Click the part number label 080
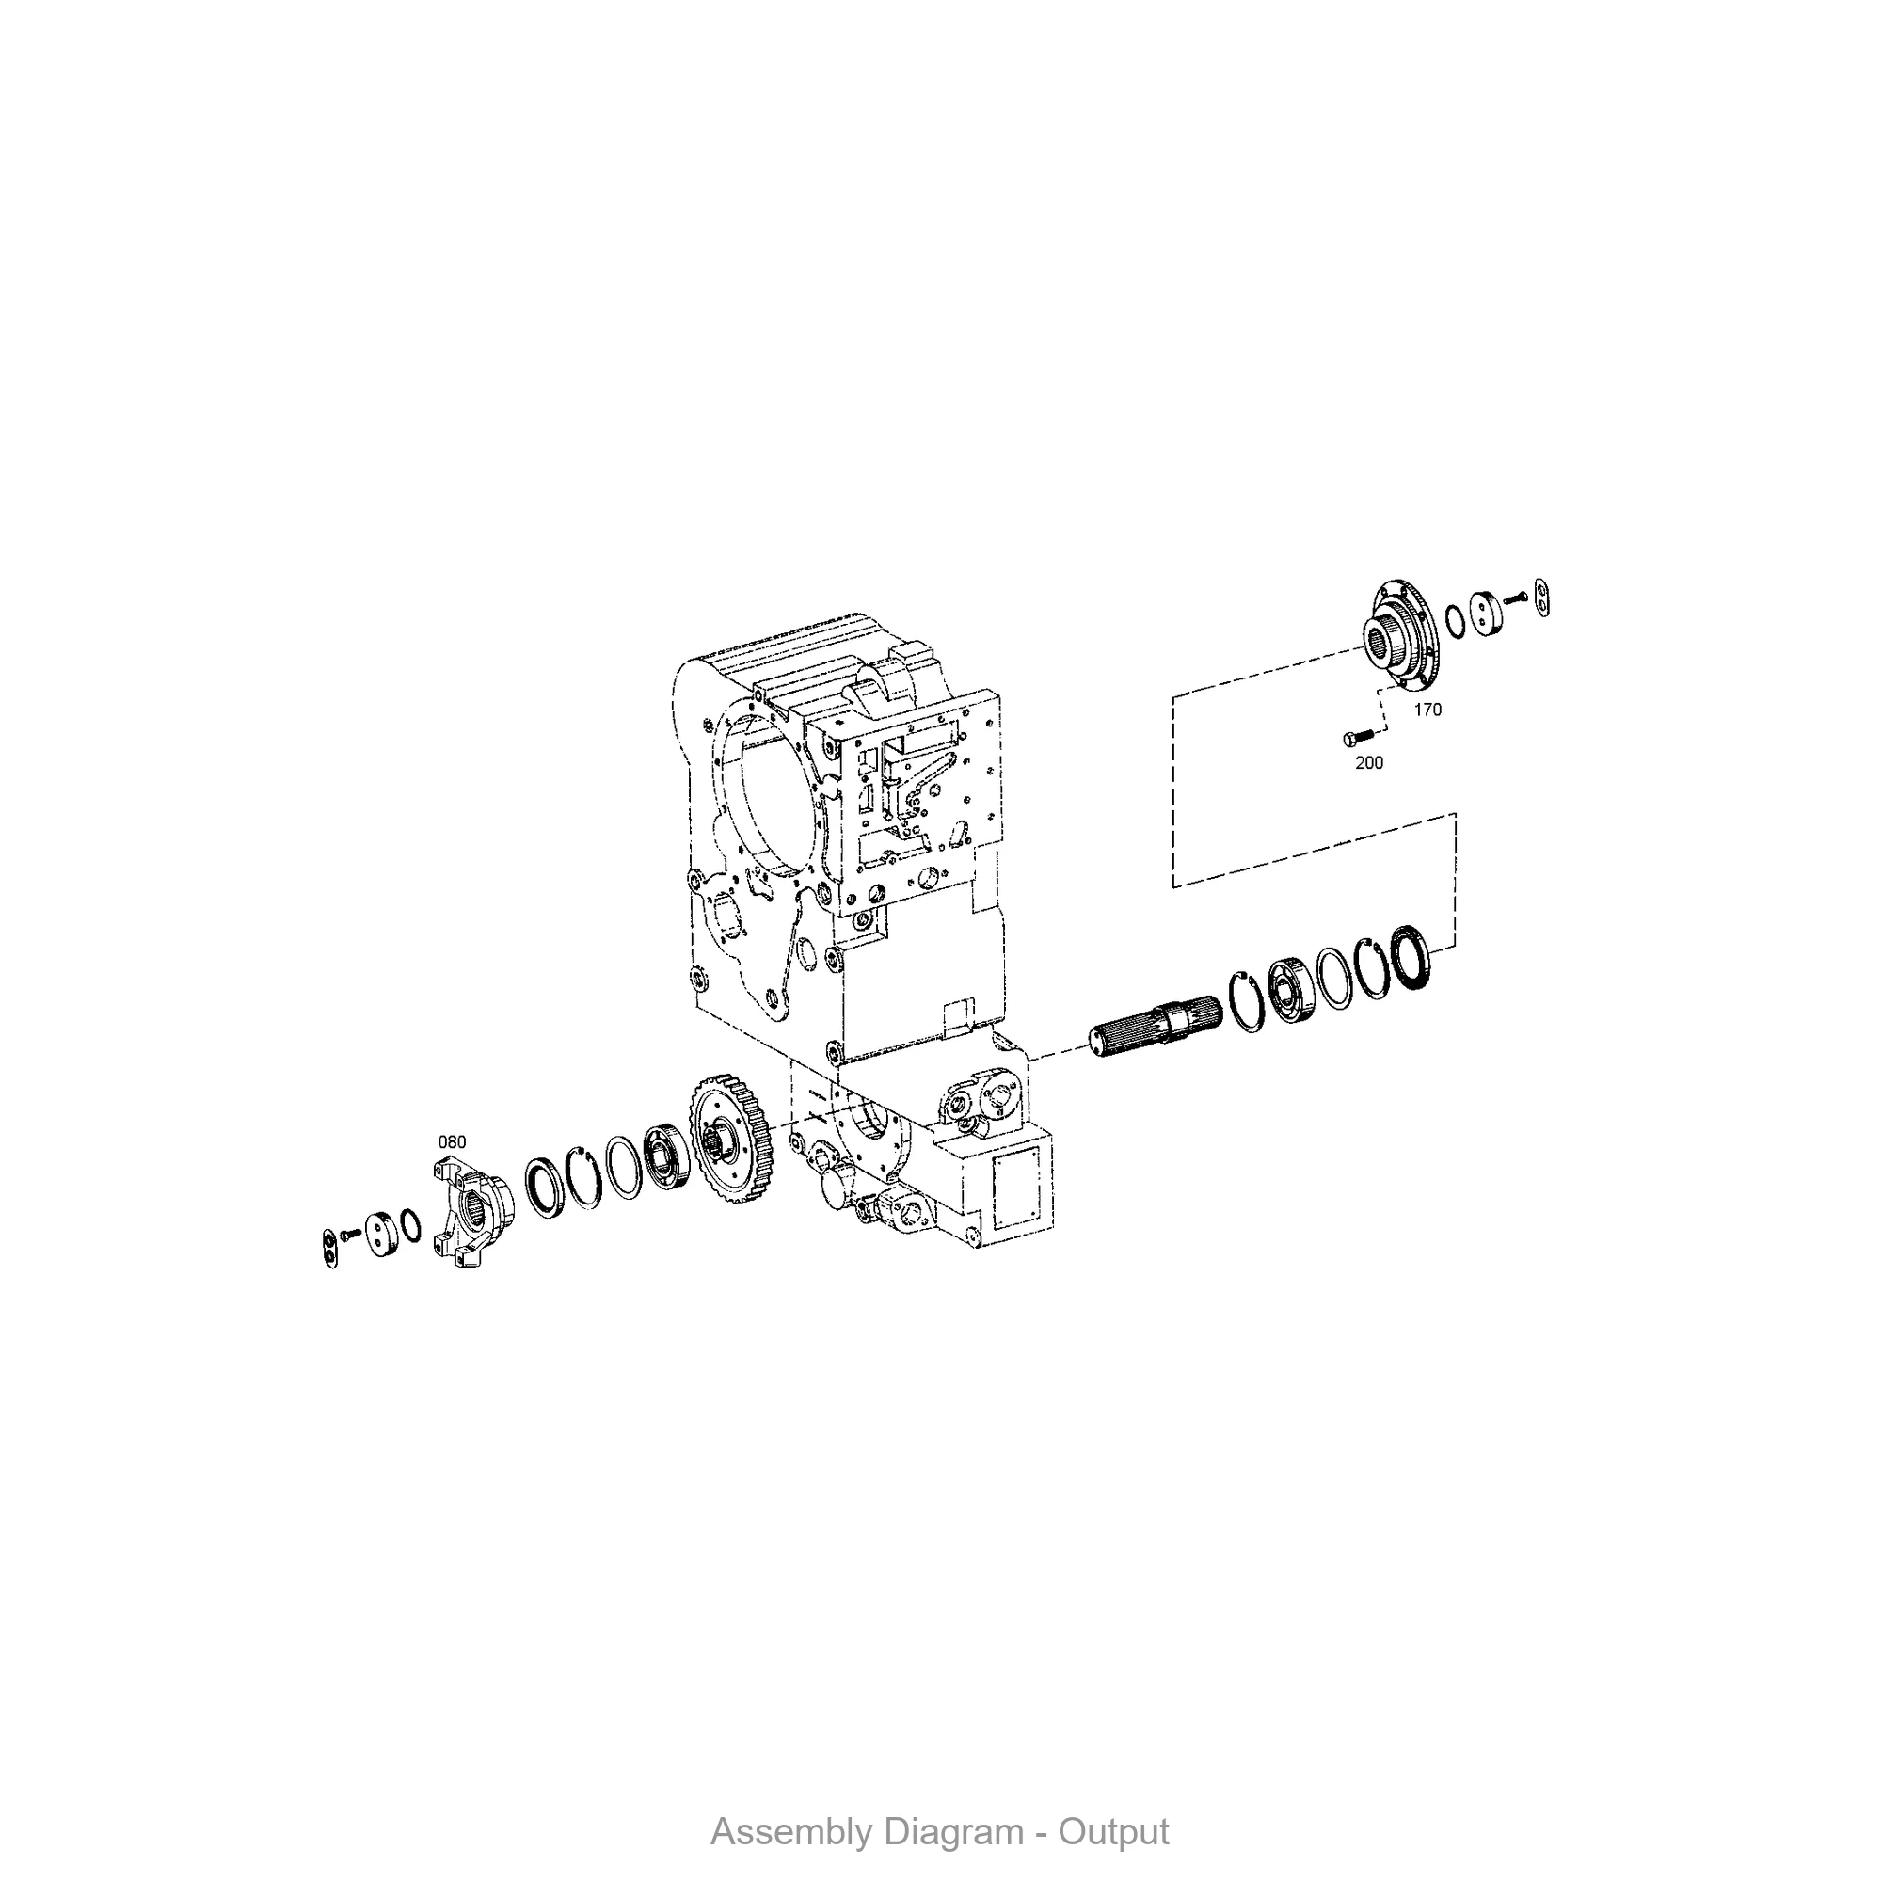452,1142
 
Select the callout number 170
1428,710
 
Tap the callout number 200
1369,764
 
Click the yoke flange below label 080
471,1211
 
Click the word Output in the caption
1113,1832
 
